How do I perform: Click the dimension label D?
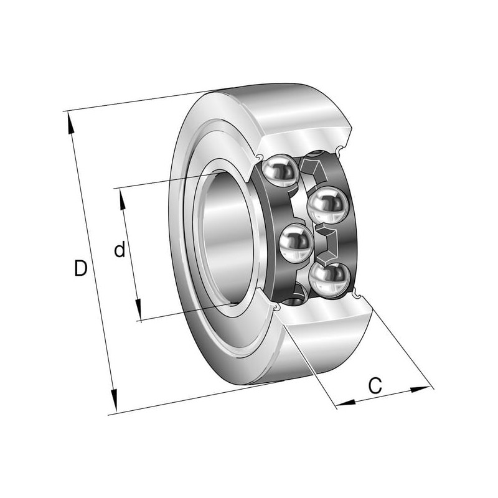(81, 268)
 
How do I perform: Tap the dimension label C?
(375, 385)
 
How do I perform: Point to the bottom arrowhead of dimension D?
(114, 400)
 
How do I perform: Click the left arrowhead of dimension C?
(345, 403)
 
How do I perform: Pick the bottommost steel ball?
(329, 280)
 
